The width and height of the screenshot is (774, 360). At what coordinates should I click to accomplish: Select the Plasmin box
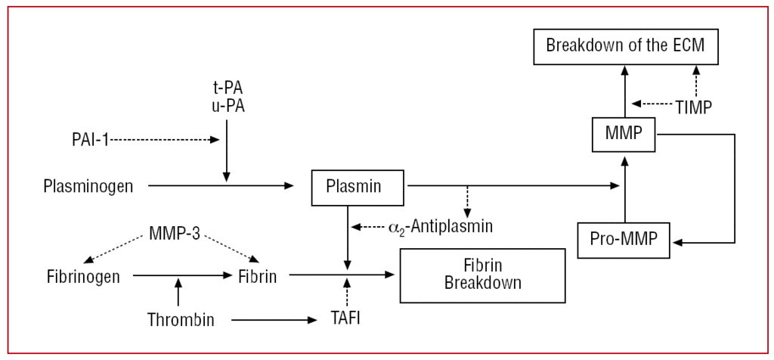coord(358,185)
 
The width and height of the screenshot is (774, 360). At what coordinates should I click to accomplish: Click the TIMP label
coord(694,106)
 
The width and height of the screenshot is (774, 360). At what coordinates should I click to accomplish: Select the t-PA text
coord(227,89)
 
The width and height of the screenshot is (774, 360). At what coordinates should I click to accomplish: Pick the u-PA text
coord(227,107)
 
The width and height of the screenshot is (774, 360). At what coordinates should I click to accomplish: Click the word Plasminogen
coord(90,185)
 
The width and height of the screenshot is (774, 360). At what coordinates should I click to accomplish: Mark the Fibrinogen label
coord(83,277)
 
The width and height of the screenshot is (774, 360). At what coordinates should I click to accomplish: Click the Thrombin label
coord(181,320)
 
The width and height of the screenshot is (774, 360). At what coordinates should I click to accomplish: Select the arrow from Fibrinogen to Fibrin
coord(181,277)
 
